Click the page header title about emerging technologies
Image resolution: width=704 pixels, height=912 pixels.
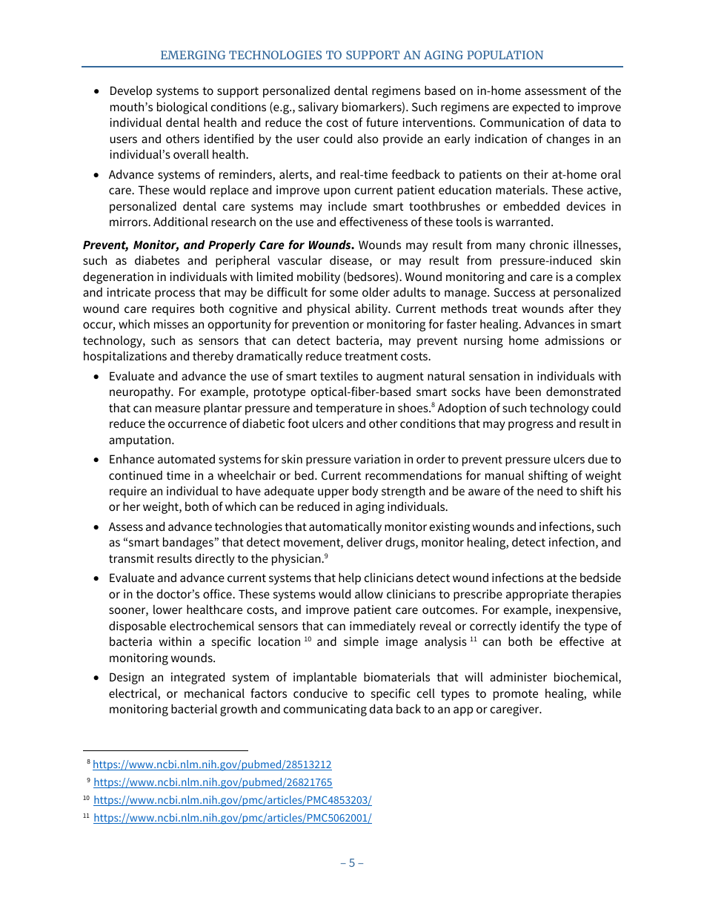tap(352, 55)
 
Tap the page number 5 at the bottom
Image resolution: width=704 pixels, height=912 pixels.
tap(352, 862)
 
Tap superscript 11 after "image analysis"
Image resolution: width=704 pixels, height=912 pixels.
tap(473, 638)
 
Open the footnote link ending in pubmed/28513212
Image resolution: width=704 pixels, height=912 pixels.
tap(212, 764)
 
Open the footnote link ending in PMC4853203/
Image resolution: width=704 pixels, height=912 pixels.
tap(232, 800)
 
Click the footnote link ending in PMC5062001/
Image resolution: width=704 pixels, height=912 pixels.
tap(232, 818)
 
